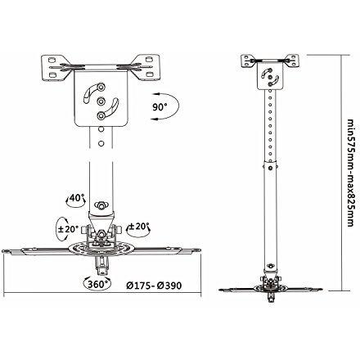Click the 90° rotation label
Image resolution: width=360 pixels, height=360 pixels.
[x=160, y=107]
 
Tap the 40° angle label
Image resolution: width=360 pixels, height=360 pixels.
[x=76, y=198]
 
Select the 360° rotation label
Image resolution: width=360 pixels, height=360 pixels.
[x=97, y=284]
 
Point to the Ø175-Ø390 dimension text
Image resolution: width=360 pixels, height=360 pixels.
[x=154, y=286]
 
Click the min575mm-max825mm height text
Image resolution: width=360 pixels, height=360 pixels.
[x=350, y=173]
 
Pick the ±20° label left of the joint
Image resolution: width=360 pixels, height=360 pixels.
[x=68, y=229]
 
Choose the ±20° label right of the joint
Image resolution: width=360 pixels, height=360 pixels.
[x=139, y=227]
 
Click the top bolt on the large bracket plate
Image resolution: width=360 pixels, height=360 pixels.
[x=101, y=87]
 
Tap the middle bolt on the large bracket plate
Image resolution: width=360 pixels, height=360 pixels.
[x=101, y=101]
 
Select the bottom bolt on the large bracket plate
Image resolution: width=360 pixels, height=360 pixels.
[x=101, y=116]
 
